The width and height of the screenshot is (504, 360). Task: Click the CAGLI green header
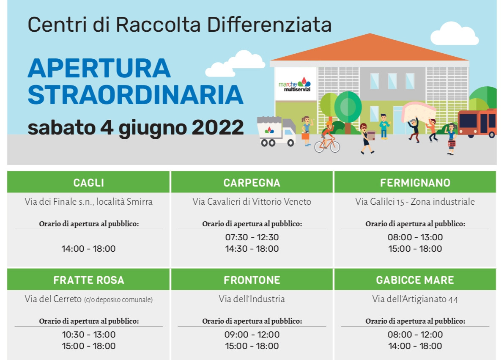[x=88, y=183]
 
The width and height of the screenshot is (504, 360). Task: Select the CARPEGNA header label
[x=252, y=183]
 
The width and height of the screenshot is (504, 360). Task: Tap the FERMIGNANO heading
[x=415, y=183]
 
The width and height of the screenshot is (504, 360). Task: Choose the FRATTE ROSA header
[x=88, y=280]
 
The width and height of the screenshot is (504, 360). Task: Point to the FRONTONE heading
[x=252, y=280]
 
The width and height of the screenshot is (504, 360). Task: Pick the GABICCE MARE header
[x=415, y=280]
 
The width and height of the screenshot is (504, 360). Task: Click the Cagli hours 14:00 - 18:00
[x=88, y=249]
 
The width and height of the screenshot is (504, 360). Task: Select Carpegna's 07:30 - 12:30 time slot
[x=252, y=237]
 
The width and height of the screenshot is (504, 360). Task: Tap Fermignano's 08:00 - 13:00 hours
[x=415, y=237]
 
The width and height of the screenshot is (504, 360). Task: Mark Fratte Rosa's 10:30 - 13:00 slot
[x=88, y=335]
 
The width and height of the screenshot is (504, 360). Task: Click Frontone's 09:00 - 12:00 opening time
[x=252, y=335]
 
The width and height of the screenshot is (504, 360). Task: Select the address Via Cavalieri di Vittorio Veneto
[x=252, y=202]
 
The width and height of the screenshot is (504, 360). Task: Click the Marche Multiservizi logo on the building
[x=295, y=82]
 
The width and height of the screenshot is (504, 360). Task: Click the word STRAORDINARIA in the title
[x=135, y=95]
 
